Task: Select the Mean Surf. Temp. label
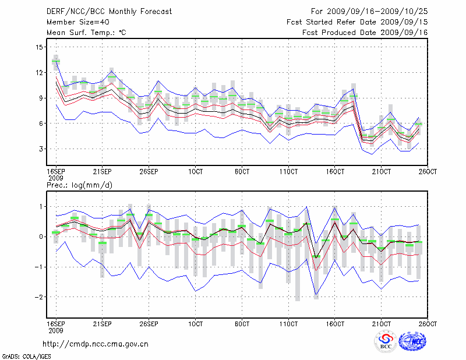pos(86,33)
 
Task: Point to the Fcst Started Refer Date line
pos(358,22)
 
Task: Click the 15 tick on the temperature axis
pos(39,47)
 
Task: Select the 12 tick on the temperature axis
pos(39,73)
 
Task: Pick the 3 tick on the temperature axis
pos(41,149)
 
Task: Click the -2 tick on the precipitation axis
pos(38,297)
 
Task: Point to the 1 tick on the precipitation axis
pos(41,206)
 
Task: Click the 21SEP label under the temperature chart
pos(103,171)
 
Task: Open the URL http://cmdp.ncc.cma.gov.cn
pos(96,344)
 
